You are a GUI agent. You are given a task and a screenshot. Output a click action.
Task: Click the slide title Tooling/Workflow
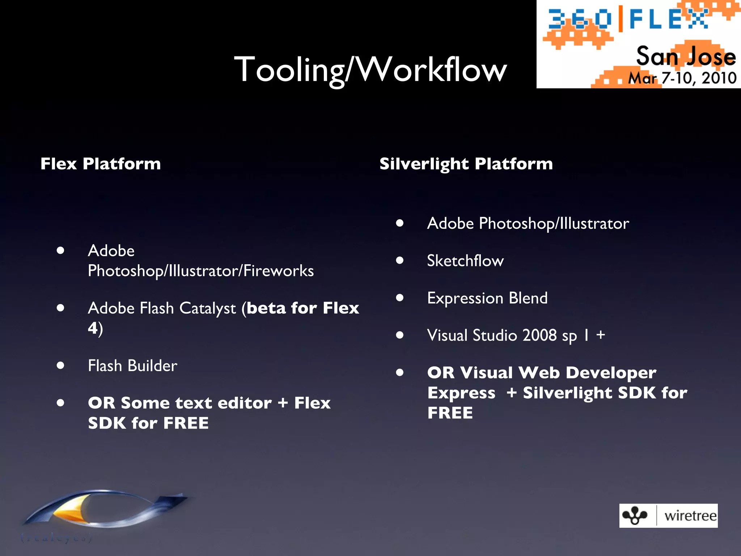(x=370, y=69)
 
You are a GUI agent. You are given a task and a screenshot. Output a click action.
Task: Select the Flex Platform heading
(x=101, y=164)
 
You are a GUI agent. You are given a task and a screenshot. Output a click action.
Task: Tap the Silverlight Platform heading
(x=466, y=164)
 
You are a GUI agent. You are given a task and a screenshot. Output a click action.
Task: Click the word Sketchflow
(x=465, y=261)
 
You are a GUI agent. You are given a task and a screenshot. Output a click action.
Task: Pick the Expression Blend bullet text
(x=487, y=298)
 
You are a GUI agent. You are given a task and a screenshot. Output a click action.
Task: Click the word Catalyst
(x=207, y=309)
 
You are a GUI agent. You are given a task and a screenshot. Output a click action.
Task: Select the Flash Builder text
(x=132, y=366)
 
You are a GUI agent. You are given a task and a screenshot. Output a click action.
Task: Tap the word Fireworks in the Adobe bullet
(x=279, y=271)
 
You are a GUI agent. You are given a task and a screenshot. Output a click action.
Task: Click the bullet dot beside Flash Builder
(x=60, y=366)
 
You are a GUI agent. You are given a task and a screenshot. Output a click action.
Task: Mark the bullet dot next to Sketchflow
(x=399, y=260)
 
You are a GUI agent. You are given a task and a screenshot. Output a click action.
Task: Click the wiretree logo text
(x=690, y=515)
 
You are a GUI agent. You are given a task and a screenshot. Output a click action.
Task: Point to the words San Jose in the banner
(x=686, y=57)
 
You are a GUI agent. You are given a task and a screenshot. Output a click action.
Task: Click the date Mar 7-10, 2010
(x=682, y=78)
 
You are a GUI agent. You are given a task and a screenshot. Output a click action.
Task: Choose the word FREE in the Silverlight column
(x=450, y=413)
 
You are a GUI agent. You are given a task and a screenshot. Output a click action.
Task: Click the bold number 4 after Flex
(x=93, y=328)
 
